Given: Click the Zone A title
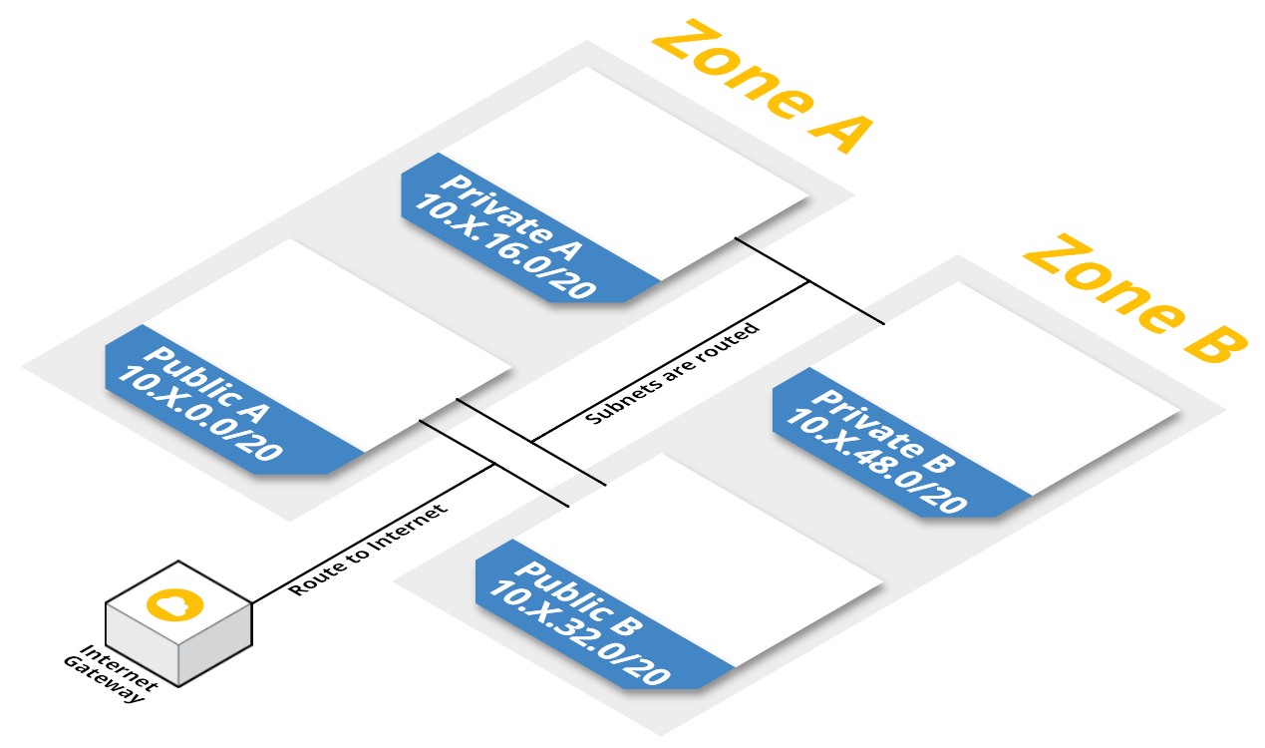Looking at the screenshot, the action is point(762,87).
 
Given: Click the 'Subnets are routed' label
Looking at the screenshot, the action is point(673,372).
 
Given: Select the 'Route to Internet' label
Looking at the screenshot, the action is point(368,550).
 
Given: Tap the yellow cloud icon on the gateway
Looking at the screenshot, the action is point(174,603).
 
